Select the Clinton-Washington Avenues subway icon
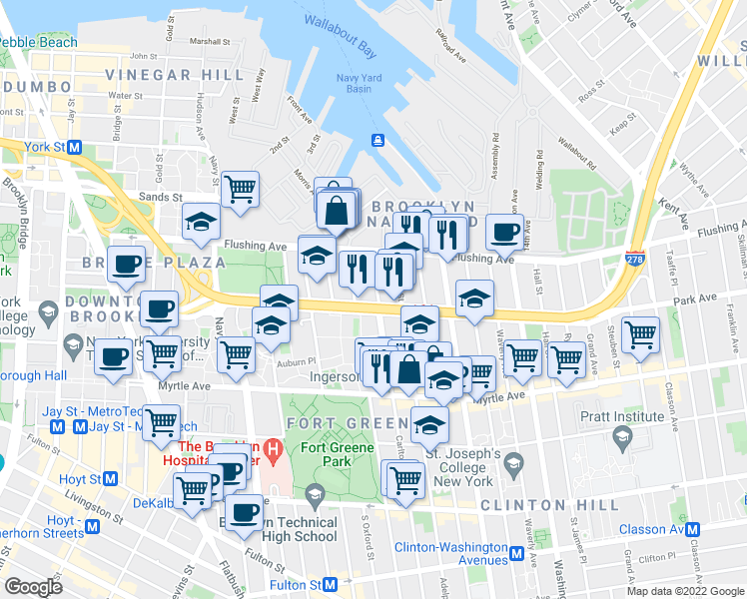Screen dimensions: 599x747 coord(517,553)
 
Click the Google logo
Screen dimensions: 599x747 coord(33,586)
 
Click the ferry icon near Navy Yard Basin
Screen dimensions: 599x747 coord(378,140)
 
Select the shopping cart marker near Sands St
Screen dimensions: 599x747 coord(241,189)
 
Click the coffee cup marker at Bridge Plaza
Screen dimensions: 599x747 coord(127,264)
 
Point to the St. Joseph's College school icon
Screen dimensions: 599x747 coord(513,462)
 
